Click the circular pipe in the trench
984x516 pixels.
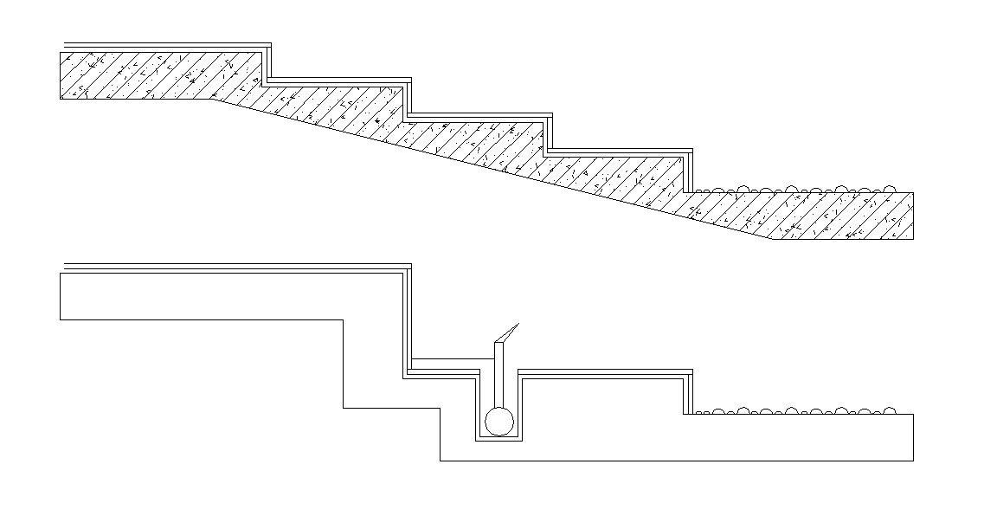[x=498, y=422]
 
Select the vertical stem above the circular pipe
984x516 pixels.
[x=498, y=372]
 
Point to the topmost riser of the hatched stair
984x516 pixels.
[x=269, y=63]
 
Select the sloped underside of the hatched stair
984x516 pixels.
[x=493, y=168]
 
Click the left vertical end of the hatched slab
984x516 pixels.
[x=61, y=75]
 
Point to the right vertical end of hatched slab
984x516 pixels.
[x=913, y=216]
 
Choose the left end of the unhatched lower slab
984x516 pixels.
[x=61, y=296]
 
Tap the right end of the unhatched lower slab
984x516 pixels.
[x=913, y=437]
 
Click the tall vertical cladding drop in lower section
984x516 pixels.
[x=407, y=320]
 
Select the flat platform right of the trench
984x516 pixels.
[x=606, y=372]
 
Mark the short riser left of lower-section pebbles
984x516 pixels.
[x=689, y=393]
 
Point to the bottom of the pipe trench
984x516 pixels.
[x=498, y=440]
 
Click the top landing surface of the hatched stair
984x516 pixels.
[x=164, y=46]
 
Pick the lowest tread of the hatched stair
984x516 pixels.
[x=619, y=153]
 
